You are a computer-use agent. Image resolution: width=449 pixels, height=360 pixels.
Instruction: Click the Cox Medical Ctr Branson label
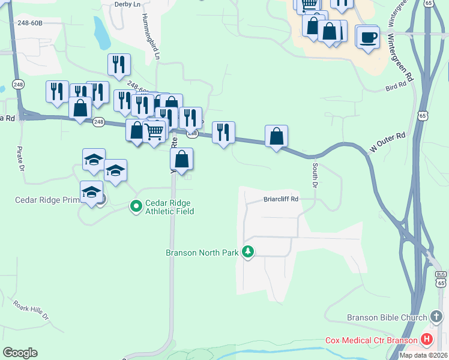click(372, 340)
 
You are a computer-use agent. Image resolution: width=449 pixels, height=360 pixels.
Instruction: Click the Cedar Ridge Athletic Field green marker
click(136, 206)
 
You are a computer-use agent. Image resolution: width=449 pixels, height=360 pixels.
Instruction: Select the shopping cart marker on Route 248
click(155, 131)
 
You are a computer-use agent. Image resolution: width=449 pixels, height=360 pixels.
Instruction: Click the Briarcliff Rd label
click(281, 200)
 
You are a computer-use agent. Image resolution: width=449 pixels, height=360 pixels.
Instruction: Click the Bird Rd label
click(396, 88)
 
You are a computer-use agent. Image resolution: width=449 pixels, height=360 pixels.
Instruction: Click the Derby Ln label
click(126, 4)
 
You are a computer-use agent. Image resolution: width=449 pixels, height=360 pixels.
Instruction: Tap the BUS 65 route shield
click(441, 278)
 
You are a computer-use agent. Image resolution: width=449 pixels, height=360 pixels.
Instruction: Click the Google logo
click(20, 353)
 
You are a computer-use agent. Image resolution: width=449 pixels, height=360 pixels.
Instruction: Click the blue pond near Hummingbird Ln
click(101, 32)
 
